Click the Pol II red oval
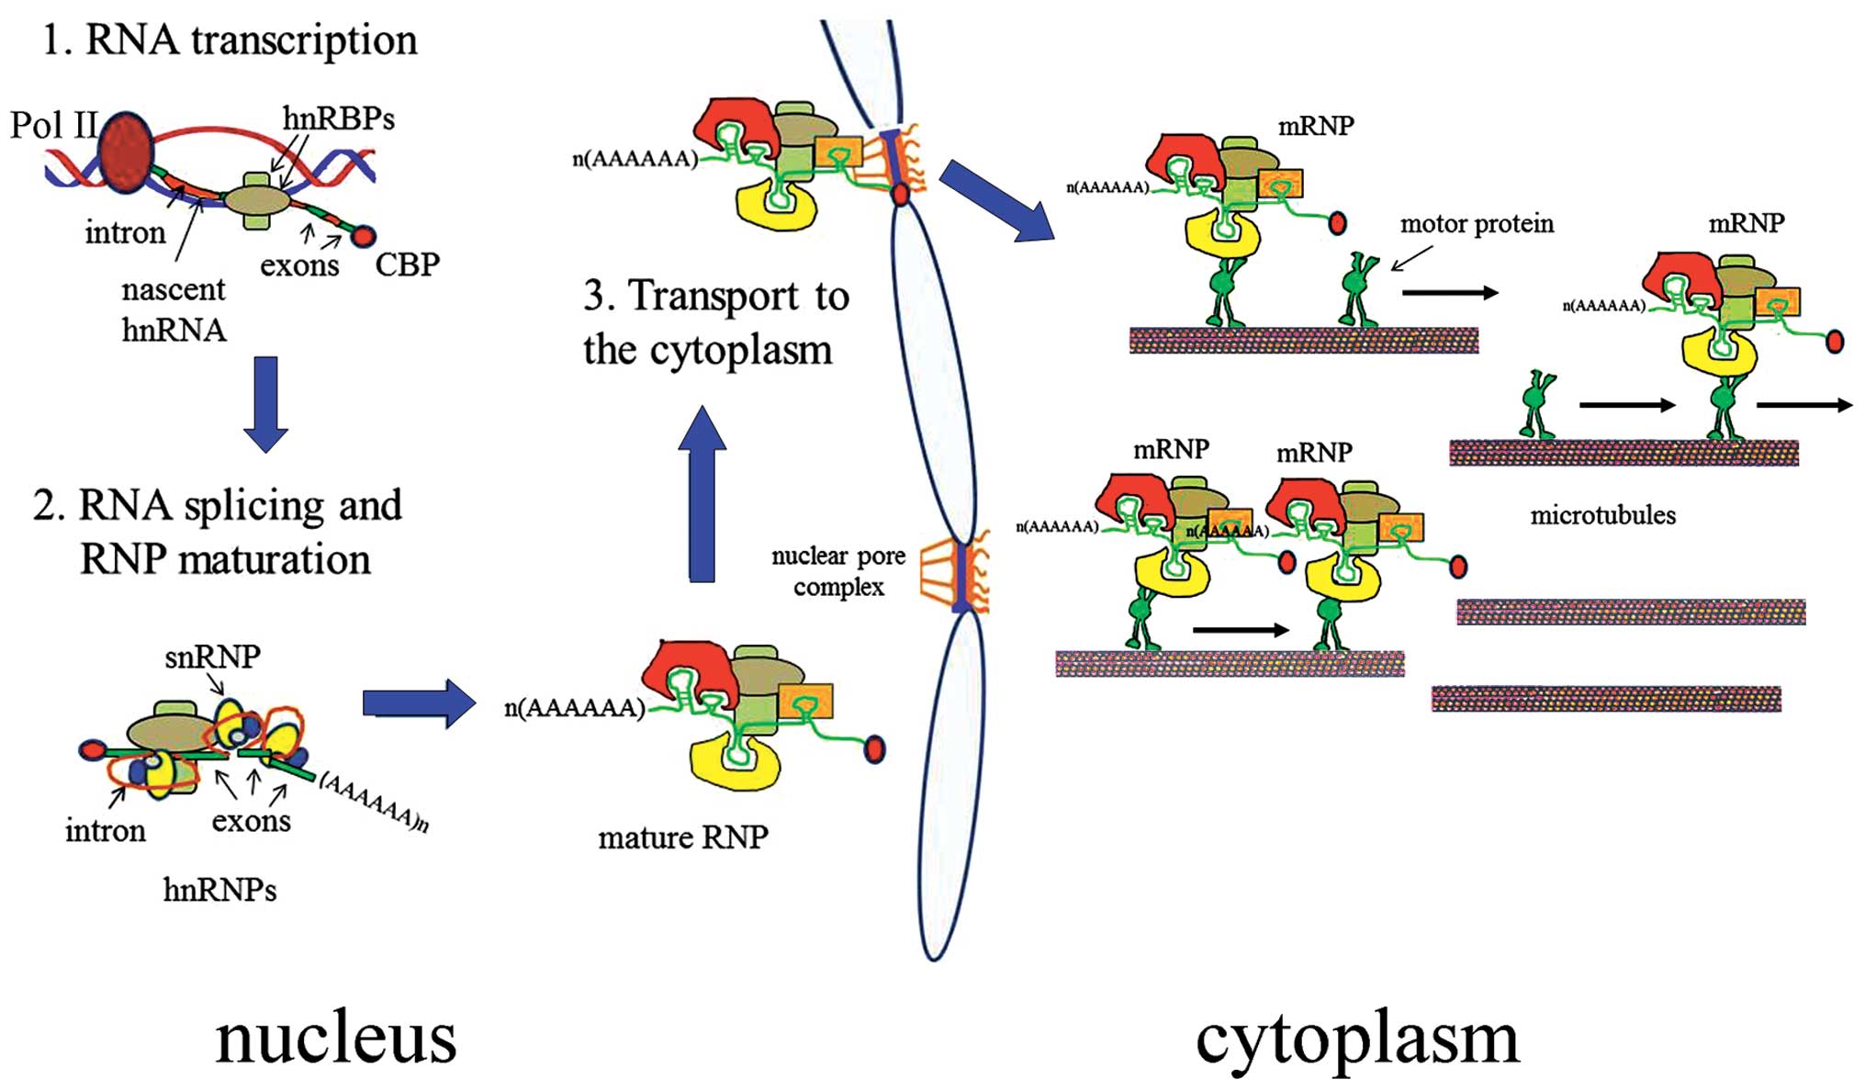[x=126, y=154]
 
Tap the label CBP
[x=407, y=264]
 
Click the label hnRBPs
[x=338, y=118]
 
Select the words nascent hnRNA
[x=174, y=309]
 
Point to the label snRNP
[x=212, y=657]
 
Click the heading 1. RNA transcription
[x=230, y=40]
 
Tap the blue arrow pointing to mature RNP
[x=419, y=704]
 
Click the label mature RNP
[x=682, y=837]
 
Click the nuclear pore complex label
[x=837, y=571]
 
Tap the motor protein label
[x=1476, y=224]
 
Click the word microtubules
[x=1602, y=515]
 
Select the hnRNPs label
[x=219, y=890]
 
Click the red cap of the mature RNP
[x=874, y=749]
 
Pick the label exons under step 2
[x=251, y=821]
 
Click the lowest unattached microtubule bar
[x=1606, y=700]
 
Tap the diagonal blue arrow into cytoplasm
[x=995, y=200]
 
